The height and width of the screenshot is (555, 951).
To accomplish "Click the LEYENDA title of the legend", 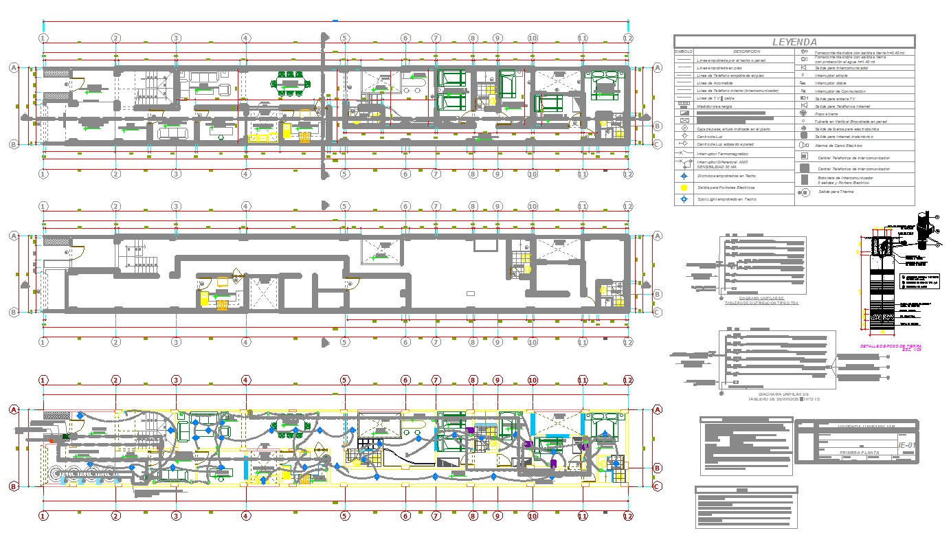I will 794,42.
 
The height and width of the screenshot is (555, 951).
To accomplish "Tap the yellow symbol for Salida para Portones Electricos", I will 684,188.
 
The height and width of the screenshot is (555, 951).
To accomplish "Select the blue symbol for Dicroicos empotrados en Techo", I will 684,177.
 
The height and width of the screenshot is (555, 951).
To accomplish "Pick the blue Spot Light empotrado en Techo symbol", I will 684,199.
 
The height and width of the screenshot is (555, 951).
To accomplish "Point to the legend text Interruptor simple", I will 831,76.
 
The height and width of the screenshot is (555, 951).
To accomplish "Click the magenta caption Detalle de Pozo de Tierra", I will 891,348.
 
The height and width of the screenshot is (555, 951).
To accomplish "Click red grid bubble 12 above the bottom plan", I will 627,380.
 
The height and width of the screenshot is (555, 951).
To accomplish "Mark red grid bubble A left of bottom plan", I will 12,410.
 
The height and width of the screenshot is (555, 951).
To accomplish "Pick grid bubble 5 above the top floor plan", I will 344,38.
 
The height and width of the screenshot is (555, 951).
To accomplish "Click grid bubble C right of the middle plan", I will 657,312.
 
